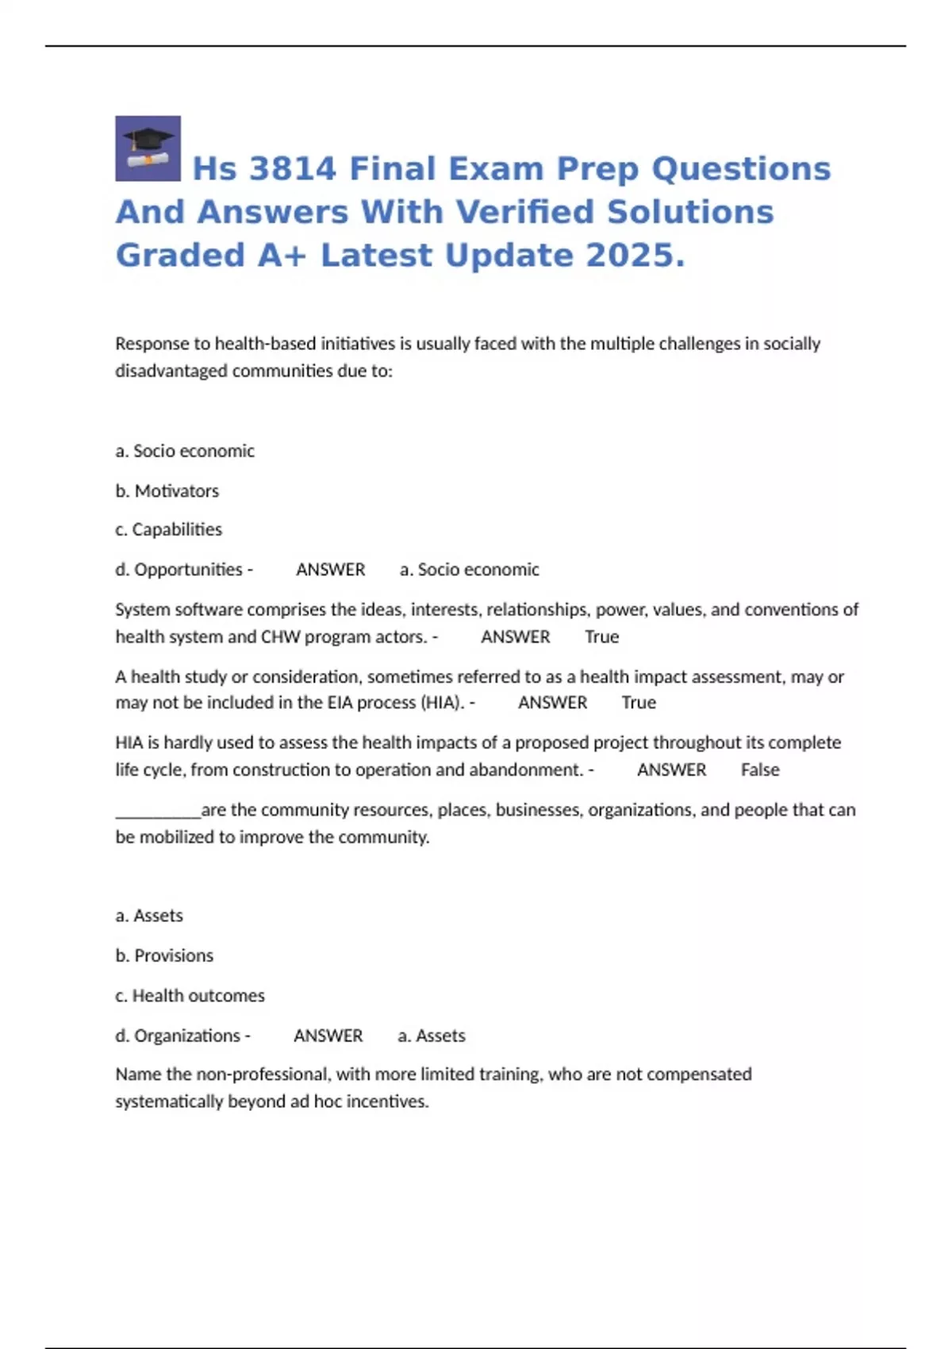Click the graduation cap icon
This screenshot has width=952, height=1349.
pyautogui.click(x=148, y=148)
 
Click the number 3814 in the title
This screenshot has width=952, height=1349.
pyautogui.click(x=292, y=169)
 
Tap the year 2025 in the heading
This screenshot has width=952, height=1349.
pyautogui.click(x=635, y=256)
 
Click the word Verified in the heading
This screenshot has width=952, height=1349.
pyautogui.click(x=516, y=213)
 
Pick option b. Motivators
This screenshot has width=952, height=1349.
pyautogui.click(x=167, y=491)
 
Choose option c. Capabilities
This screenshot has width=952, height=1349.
pyautogui.click(x=169, y=529)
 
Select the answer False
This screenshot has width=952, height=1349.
pyautogui.click(x=760, y=770)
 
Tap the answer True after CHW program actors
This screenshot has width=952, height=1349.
pyautogui.click(x=602, y=636)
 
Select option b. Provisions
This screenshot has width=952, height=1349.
pyautogui.click(x=164, y=955)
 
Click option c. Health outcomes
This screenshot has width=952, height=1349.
pyautogui.click(x=190, y=996)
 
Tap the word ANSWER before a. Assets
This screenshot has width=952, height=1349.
pyautogui.click(x=328, y=1036)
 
